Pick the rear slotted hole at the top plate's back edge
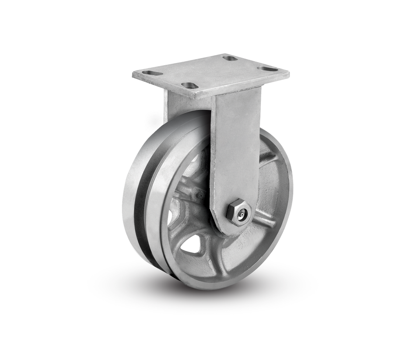[229, 58]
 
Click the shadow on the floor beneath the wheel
[131, 284]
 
